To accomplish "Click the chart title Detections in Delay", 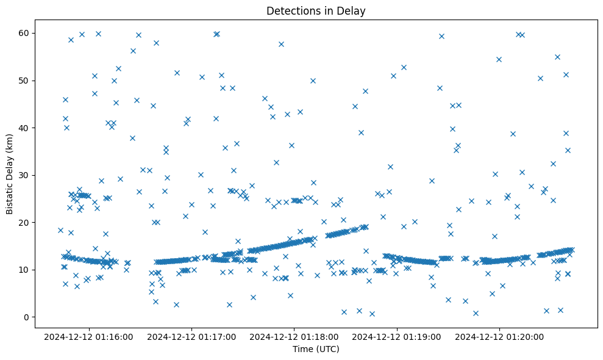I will [316, 10].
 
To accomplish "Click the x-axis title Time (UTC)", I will [316, 350].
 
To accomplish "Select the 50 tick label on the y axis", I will [29, 81].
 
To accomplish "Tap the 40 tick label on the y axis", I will [29, 128].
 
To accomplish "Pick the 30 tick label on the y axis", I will [29, 175].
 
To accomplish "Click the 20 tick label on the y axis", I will [29, 222].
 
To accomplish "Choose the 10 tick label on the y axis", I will [29, 270].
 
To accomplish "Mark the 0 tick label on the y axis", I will [31, 317].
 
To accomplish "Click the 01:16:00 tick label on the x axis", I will [89, 336].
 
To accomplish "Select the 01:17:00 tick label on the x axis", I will [191, 336].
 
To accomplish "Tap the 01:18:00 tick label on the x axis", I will [294, 336].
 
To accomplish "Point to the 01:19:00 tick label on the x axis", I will [398, 336].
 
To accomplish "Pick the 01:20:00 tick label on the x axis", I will [500, 336].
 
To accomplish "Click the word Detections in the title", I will [292, 10].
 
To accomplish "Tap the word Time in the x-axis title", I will [302, 350].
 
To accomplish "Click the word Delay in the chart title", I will [353, 10].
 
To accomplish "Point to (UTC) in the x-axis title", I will [327, 350].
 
